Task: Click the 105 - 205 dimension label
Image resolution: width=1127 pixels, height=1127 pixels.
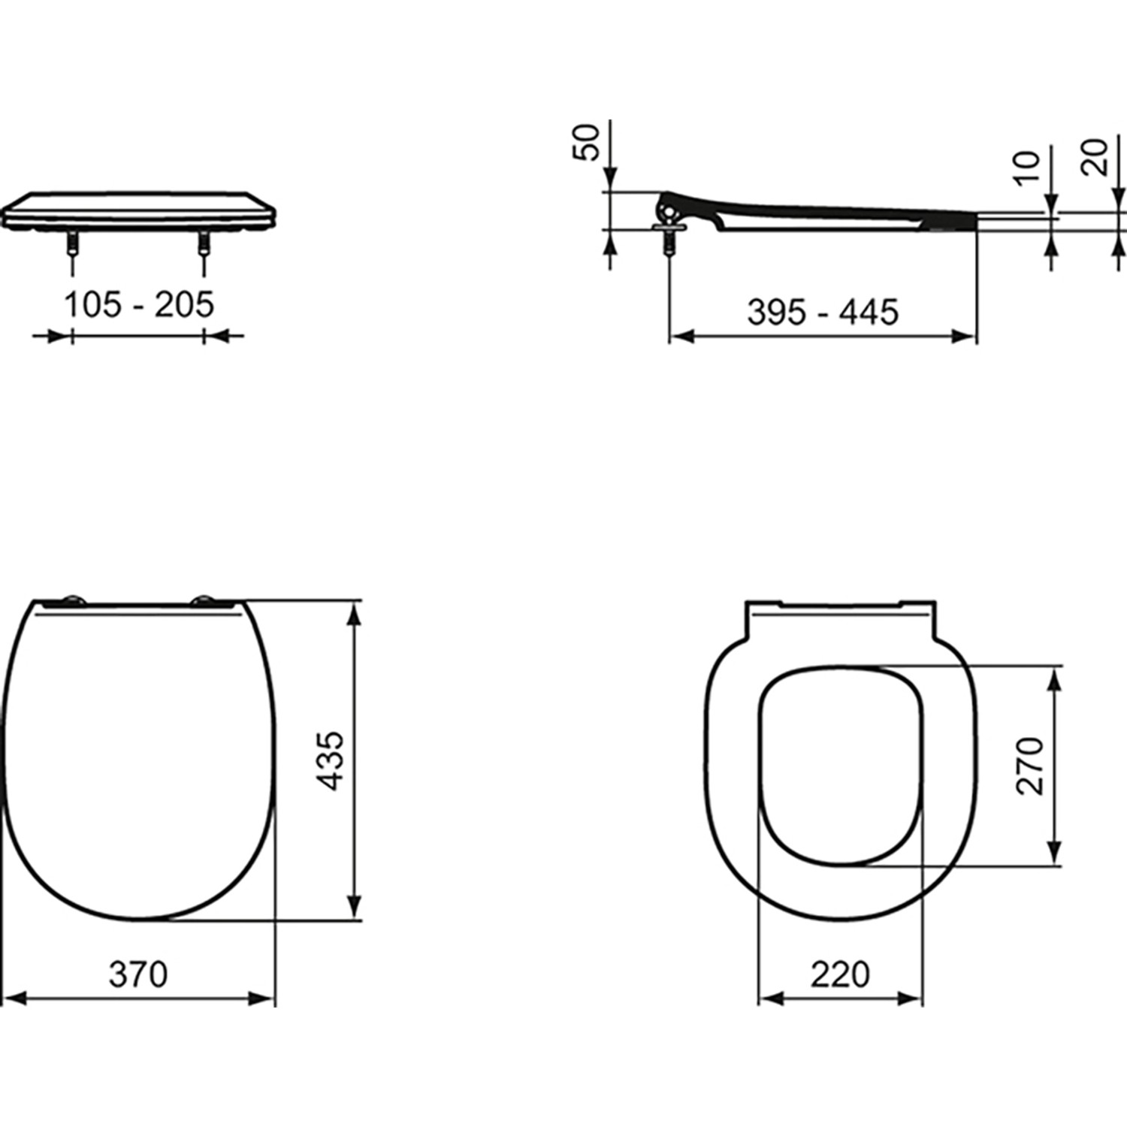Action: pyautogui.click(x=139, y=305)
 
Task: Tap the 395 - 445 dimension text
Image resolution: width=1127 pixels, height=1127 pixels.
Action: pyautogui.click(x=823, y=312)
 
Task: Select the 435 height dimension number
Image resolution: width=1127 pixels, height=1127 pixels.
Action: pyautogui.click(x=331, y=760)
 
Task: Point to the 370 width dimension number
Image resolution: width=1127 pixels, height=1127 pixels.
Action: pyautogui.click(x=138, y=974)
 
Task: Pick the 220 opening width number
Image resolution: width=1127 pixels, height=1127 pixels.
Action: pyautogui.click(x=840, y=974)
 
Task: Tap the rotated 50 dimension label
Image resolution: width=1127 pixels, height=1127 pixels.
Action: pyautogui.click(x=588, y=142)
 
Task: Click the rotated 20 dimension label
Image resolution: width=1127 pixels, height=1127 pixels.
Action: pyautogui.click(x=1096, y=157)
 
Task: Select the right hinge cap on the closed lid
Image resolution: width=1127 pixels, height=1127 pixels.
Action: pyautogui.click(x=203, y=600)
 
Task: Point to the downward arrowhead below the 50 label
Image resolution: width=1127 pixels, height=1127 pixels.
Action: pyautogui.click(x=610, y=181)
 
